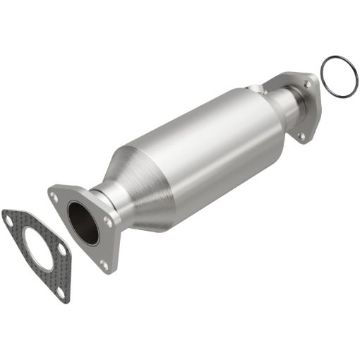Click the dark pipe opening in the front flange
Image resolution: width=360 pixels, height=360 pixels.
[83, 223]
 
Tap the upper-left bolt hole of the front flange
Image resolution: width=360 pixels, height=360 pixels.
[54, 198]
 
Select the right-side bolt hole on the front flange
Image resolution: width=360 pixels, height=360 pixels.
[108, 221]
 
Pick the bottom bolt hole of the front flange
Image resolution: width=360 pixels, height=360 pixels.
[104, 265]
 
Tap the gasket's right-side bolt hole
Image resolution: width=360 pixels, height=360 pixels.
[62, 250]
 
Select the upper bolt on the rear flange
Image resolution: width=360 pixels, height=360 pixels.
[306, 83]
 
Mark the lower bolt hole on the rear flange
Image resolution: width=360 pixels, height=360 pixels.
[302, 134]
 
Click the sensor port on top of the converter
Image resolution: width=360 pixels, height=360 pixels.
[256, 89]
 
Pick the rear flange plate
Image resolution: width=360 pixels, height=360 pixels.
[311, 106]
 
